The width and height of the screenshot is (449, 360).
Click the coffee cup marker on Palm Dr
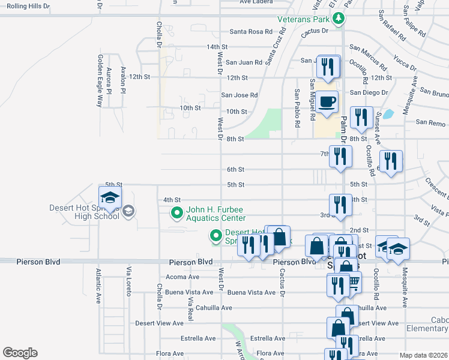tap(328, 102)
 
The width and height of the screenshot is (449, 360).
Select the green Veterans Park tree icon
tap(339, 19)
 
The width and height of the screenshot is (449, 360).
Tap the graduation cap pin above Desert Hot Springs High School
tap(110, 197)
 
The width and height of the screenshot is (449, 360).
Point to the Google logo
tap(20, 353)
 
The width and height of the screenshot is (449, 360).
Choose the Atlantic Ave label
tap(97, 286)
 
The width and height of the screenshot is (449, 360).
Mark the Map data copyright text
tap(423, 355)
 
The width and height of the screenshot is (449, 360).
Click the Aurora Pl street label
tap(109, 82)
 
